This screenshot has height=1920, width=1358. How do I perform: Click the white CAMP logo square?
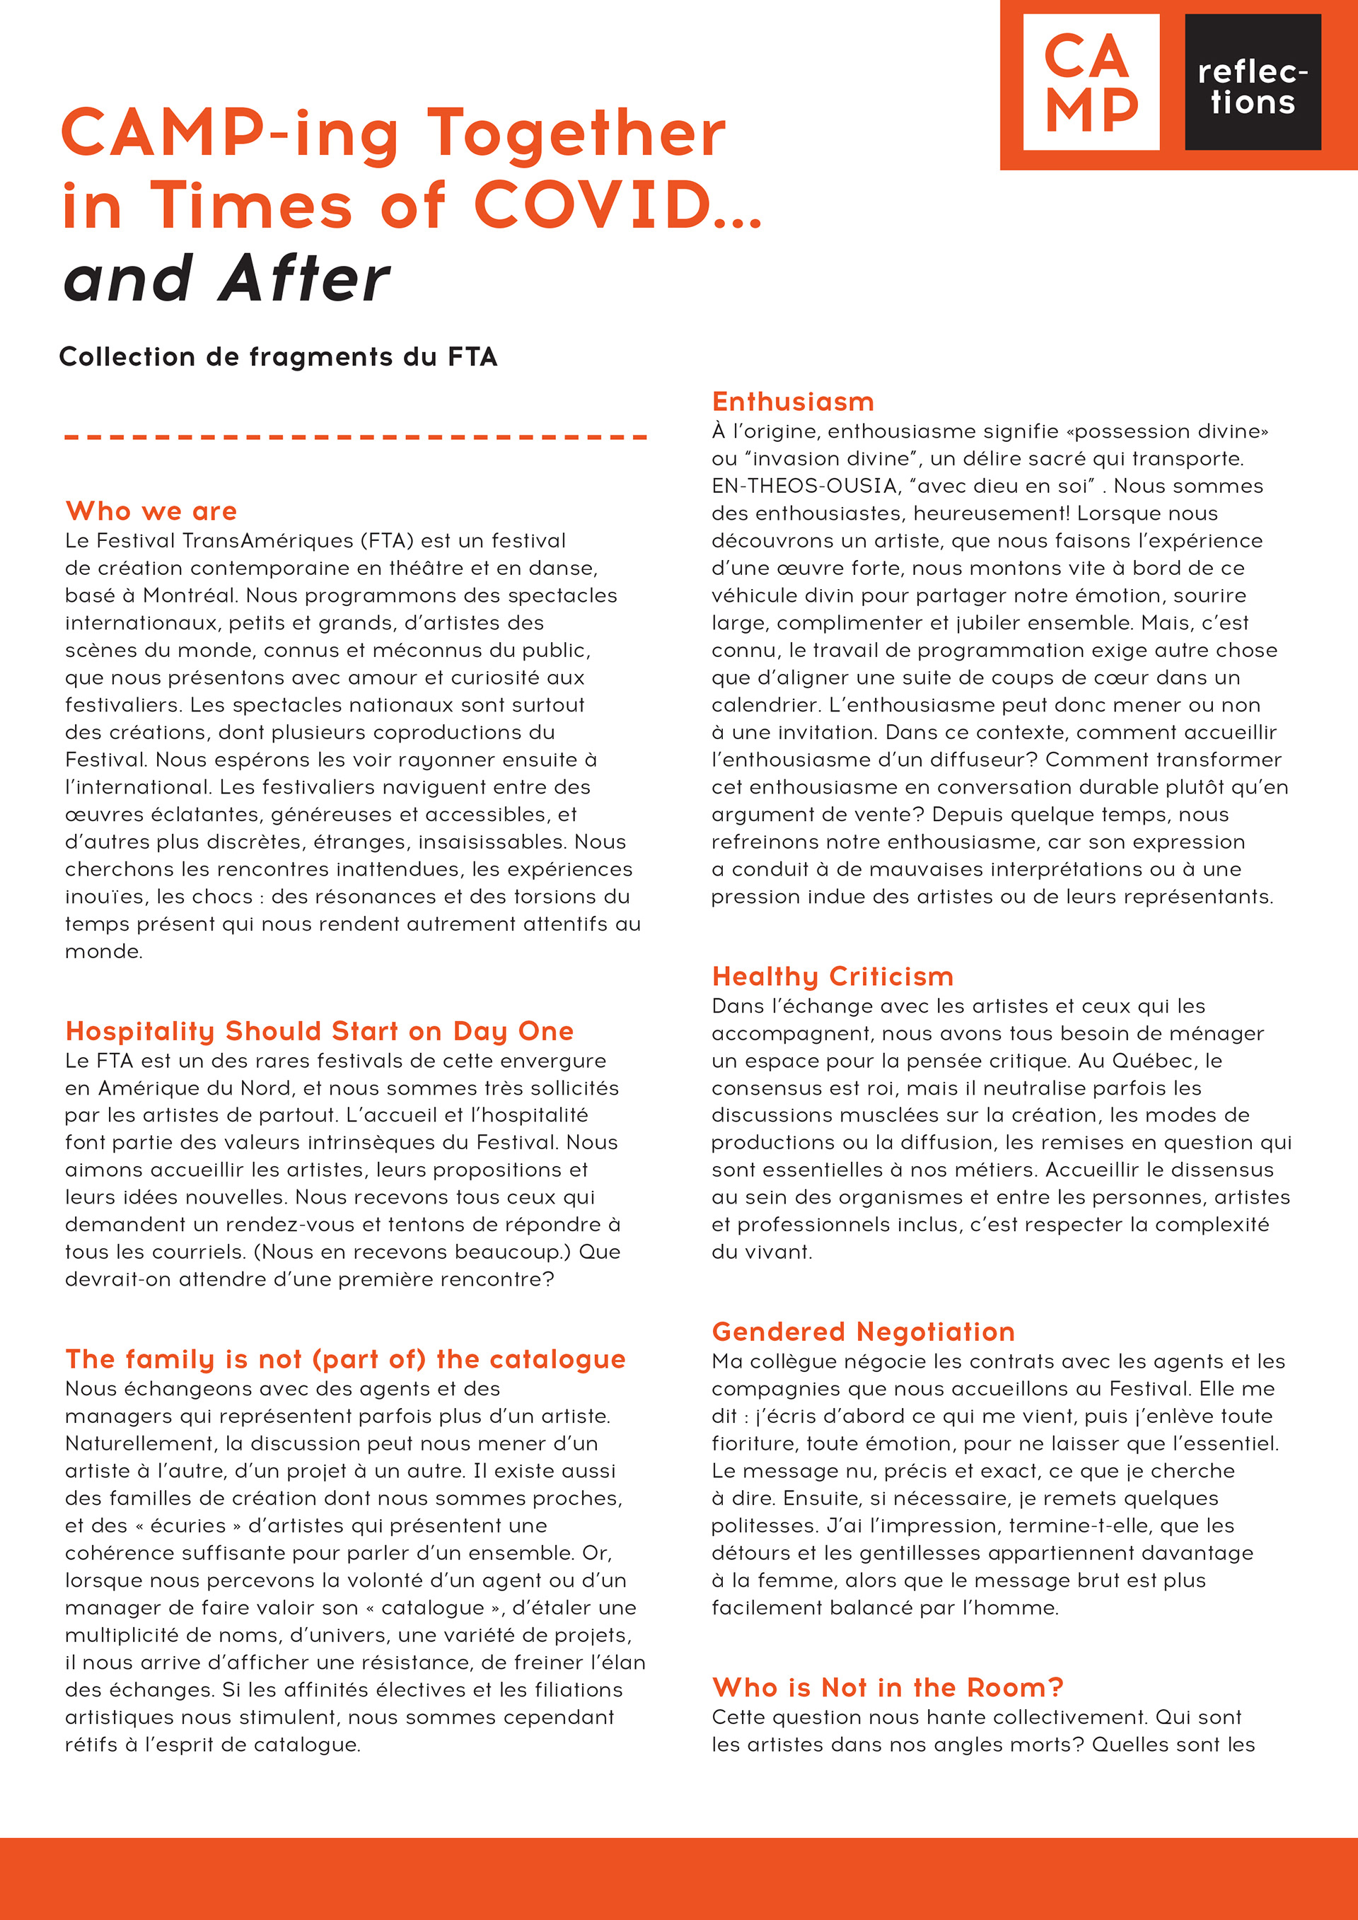tap(1091, 82)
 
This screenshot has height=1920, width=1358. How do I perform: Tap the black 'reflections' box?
tap(1252, 82)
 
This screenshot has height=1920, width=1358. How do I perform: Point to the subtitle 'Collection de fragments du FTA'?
tap(278, 357)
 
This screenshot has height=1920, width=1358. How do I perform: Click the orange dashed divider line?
tap(355, 436)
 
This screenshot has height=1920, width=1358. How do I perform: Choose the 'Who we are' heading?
tap(151, 511)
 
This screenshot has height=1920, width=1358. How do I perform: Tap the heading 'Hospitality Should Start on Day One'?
tap(320, 1031)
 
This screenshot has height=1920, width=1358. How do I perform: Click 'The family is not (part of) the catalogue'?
tap(344, 1360)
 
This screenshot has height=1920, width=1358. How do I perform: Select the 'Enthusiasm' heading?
tap(793, 402)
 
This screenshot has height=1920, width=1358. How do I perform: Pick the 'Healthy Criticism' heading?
tap(832, 977)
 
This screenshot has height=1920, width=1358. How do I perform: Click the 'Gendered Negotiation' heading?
tap(863, 1332)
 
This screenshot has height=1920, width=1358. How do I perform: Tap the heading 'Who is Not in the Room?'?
tap(887, 1687)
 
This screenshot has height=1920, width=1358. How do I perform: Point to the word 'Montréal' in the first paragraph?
tap(189, 595)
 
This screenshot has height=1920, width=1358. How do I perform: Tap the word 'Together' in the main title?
tap(576, 134)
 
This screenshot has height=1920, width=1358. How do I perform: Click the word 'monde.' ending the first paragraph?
tap(104, 952)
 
